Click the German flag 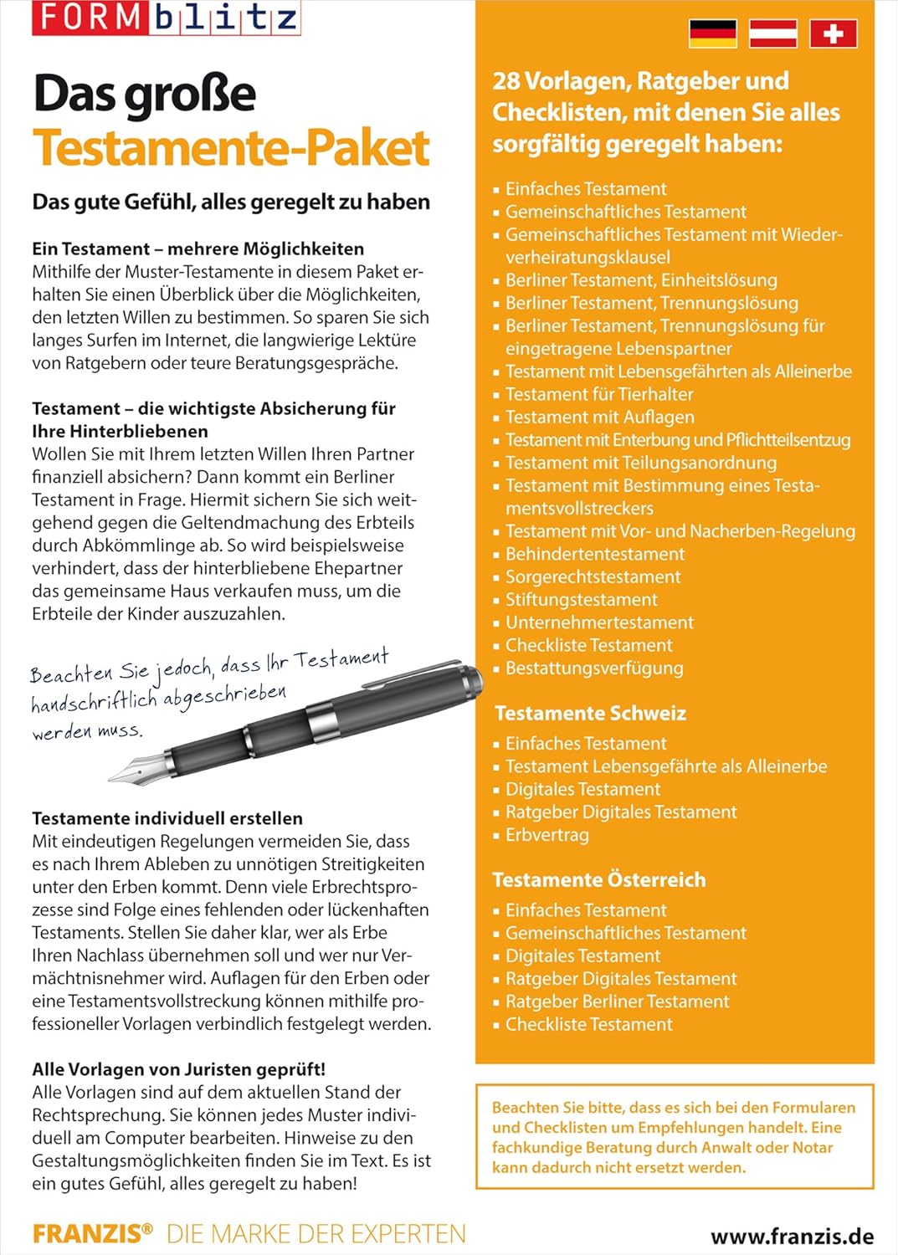point(712,33)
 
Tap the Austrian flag point(772,33)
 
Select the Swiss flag point(833,33)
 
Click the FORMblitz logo point(166,18)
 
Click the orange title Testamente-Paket point(231,148)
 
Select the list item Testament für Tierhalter point(598,394)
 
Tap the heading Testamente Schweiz point(590,713)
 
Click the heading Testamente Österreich point(599,879)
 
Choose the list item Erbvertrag point(546,835)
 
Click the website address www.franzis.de point(792,1237)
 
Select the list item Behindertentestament point(594,554)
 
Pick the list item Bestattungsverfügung point(593,668)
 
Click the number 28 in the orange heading point(506,81)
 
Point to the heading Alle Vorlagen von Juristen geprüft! point(178,1069)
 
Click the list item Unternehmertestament point(599,622)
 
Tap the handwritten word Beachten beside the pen point(71,674)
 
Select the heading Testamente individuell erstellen point(167,818)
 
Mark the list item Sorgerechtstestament point(593,576)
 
